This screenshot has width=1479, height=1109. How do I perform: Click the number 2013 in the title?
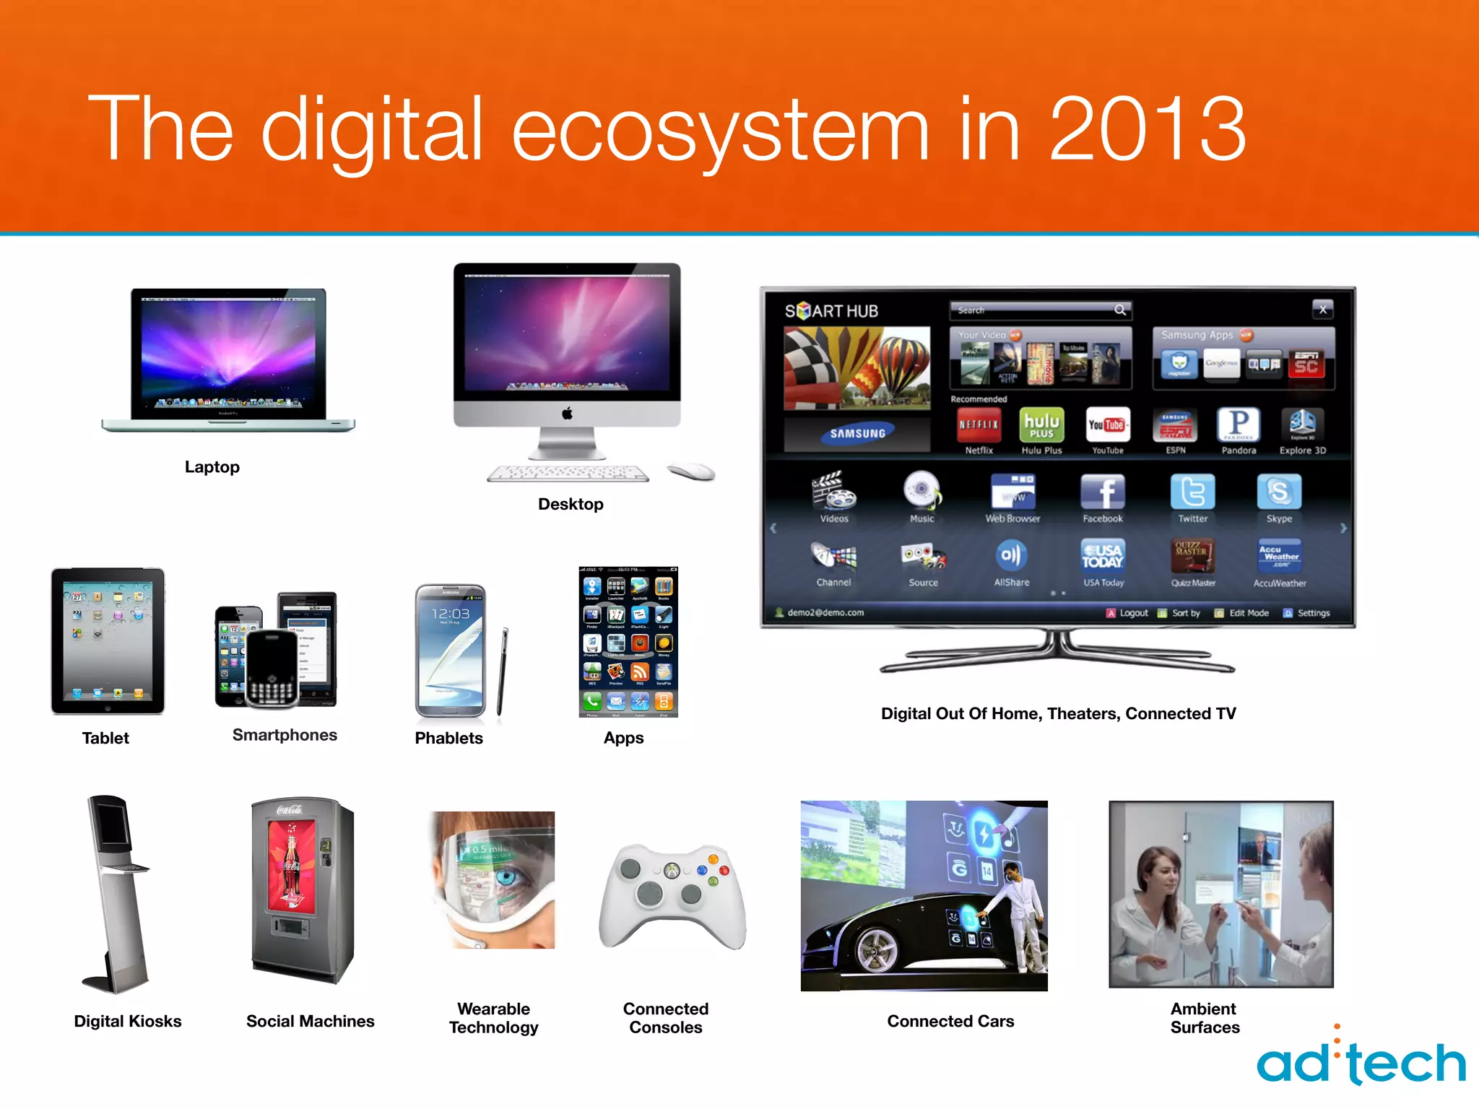coord(1147,130)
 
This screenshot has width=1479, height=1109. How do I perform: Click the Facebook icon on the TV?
coord(1102,492)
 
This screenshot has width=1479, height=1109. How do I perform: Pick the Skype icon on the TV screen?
coord(1279,492)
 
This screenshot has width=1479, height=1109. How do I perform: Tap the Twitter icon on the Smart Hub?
coord(1192,492)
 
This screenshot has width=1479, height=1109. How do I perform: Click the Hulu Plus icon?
coord(1041,425)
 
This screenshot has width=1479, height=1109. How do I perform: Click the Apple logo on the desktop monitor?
coord(567,414)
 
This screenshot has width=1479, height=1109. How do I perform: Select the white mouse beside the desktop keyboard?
coord(691,472)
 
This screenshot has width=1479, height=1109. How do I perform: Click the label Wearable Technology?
coord(494,1018)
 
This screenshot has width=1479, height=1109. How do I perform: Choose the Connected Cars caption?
coord(950,1021)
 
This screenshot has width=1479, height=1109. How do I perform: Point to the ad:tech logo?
coord(1361,1061)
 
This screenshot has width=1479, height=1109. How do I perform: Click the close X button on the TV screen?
coord(1322,310)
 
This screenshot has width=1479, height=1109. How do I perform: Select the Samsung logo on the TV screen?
coord(857,433)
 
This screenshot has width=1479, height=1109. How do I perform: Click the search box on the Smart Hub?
coord(1040,310)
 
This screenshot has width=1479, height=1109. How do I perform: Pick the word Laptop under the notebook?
coord(212,467)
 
